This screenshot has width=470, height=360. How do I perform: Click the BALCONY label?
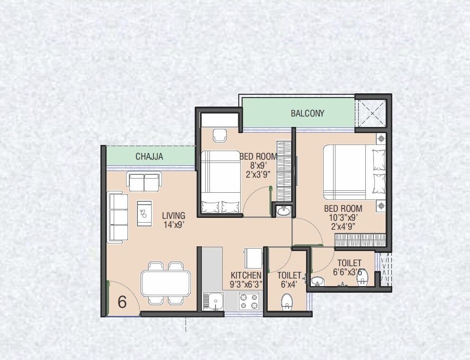[x=307, y=113]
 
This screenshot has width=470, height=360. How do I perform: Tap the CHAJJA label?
[x=149, y=157]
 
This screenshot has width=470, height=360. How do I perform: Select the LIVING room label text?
[x=173, y=216]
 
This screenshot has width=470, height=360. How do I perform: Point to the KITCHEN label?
[x=246, y=275]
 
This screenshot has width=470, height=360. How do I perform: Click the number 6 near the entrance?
[x=122, y=302]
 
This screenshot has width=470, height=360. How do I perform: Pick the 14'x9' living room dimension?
[x=173, y=225]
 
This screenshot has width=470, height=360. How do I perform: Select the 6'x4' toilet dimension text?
[x=289, y=285]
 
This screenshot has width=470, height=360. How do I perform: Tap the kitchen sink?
[x=214, y=301]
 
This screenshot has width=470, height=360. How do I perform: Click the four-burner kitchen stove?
[x=249, y=301]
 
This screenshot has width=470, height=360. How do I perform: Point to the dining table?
[x=166, y=283]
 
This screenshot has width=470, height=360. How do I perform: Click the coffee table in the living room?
[x=145, y=213]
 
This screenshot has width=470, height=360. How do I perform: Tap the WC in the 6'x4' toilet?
[x=287, y=302]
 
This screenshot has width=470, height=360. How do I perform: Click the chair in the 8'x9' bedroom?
[x=219, y=135]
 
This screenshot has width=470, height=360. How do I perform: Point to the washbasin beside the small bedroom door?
[x=284, y=210]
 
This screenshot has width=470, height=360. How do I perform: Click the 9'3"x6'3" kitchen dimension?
[x=246, y=285]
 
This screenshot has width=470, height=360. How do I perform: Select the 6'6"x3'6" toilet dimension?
[x=350, y=272]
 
